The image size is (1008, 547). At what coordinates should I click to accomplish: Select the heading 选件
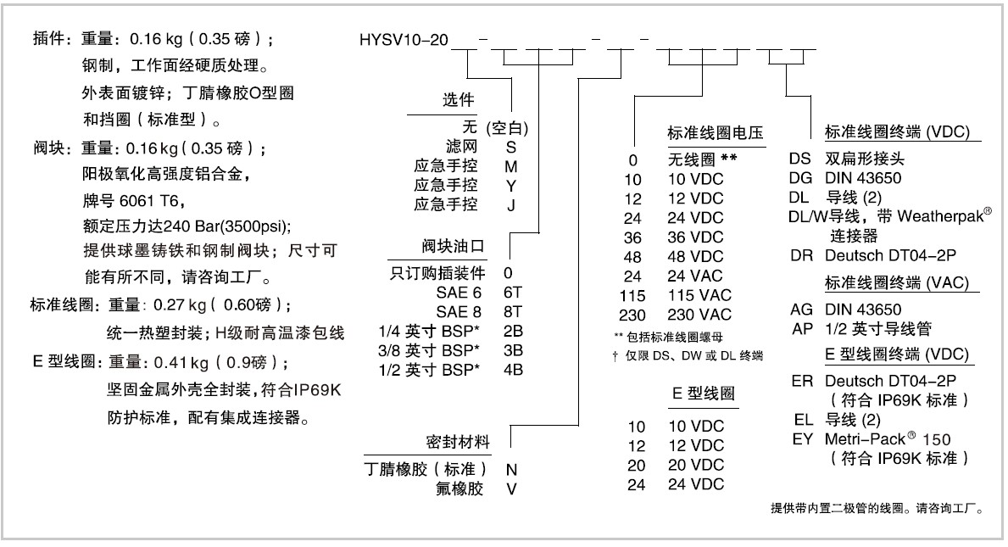click(459, 100)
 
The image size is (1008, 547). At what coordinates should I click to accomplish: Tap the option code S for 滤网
click(510, 146)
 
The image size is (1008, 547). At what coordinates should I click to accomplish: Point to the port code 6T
click(512, 292)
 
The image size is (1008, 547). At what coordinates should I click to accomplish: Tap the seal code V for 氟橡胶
click(510, 488)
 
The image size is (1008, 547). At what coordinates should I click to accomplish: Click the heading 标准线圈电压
click(716, 133)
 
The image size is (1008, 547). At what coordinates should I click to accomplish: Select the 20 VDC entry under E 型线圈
click(693, 466)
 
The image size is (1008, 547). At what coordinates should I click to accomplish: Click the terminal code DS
click(799, 159)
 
